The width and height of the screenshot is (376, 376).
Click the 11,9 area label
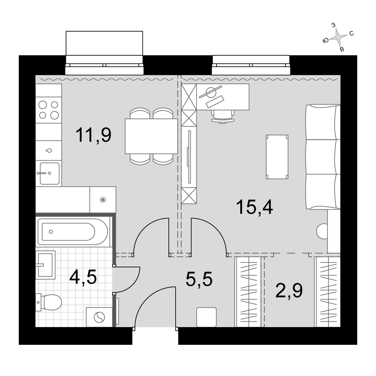pos(93,135)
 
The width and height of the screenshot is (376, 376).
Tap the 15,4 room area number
pos(255,207)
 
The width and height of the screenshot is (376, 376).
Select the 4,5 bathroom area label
pos(83,277)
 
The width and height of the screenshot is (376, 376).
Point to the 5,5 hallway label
pos(199,279)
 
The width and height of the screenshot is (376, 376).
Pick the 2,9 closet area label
pos(289,290)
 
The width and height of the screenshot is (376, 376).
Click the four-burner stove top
pos(49,110)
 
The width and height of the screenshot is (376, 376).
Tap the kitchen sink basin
pos(50,173)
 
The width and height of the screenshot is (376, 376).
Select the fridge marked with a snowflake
pos(103,200)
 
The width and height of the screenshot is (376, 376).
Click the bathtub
pos(73,232)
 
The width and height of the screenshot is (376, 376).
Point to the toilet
pos(49,302)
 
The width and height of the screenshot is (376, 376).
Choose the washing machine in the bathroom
pos(99,317)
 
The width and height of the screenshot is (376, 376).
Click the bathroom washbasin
pos(45,265)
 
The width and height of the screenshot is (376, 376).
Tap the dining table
pos(151,136)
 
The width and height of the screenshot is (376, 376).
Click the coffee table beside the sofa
pos(277,157)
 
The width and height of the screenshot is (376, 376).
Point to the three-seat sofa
pos(323,157)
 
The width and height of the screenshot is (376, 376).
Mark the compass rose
pos(338,37)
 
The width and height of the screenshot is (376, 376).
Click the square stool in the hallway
pos(206,317)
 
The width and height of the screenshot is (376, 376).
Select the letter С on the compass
pos(352,33)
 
